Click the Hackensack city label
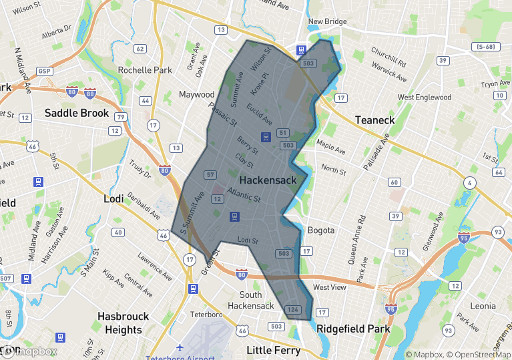[x=268, y=180]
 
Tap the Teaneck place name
[x=374, y=120]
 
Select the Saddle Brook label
[x=77, y=113]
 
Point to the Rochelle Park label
[x=145, y=70]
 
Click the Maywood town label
[x=197, y=95]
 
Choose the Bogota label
[x=321, y=230]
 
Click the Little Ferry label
[x=274, y=350]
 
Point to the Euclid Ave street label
[x=259, y=114]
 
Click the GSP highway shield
[x=45, y=71]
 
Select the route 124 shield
[x=292, y=310]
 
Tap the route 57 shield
[x=211, y=175]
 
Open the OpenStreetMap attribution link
[x=477, y=355]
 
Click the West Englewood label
[x=425, y=98]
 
